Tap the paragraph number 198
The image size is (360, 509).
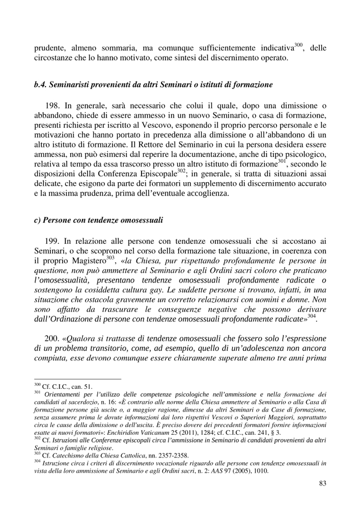(x=53, y=106)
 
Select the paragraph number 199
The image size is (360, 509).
(x=53, y=241)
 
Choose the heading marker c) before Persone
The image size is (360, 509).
(x=37, y=220)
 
